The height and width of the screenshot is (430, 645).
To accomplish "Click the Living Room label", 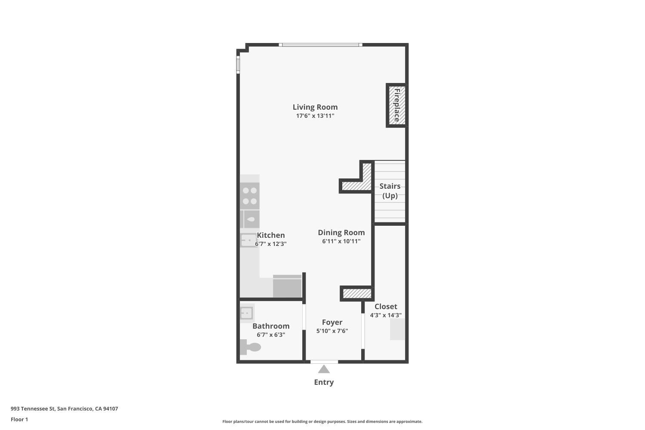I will click(315, 107).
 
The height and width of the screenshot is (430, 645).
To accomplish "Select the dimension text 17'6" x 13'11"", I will click(315, 116).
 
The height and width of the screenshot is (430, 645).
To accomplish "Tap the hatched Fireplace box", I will click(396, 105).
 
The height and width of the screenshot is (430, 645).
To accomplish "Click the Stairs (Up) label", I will click(390, 190).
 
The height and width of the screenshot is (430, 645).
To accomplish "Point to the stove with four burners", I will click(249, 196).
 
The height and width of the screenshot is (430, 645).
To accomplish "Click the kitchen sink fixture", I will click(248, 240).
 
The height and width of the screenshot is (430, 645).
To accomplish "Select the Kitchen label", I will click(271, 235).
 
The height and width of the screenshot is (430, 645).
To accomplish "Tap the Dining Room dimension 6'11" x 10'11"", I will click(341, 241).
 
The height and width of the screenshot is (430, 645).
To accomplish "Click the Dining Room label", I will click(341, 233).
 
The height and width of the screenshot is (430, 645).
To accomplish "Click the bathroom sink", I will click(247, 313).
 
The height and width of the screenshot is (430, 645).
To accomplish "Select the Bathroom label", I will click(271, 326).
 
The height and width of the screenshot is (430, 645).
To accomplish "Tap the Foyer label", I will click(332, 322).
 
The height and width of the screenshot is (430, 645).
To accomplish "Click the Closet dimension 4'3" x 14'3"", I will click(386, 315).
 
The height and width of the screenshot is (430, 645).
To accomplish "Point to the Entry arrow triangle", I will click(324, 369).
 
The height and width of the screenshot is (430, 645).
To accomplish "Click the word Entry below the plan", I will click(324, 382).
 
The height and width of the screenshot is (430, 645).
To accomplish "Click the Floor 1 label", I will click(19, 419).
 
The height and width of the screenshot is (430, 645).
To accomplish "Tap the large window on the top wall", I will click(320, 45).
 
